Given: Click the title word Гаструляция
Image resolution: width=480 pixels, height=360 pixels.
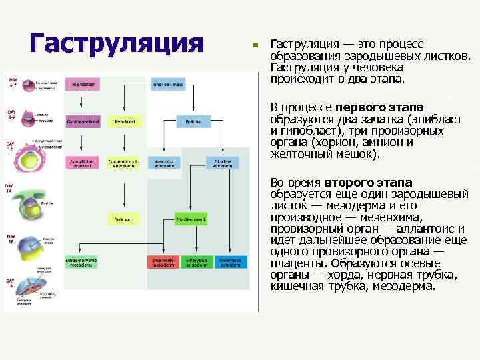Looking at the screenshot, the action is [x=116, y=44].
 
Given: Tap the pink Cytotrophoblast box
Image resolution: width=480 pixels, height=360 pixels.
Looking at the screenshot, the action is [x=83, y=122].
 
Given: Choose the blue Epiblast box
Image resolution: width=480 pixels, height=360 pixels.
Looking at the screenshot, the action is [x=194, y=122].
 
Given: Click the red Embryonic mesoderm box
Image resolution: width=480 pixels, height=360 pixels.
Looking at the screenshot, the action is [x=163, y=262].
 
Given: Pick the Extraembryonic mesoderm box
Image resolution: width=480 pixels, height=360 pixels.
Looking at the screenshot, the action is [x=82, y=262].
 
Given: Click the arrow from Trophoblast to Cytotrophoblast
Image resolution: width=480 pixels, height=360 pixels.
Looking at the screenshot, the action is [x=83, y=103].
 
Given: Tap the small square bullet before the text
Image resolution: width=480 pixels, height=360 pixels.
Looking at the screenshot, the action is [x=254, y=45].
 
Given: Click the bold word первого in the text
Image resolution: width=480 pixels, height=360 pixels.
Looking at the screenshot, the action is [x=361, y=109].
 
